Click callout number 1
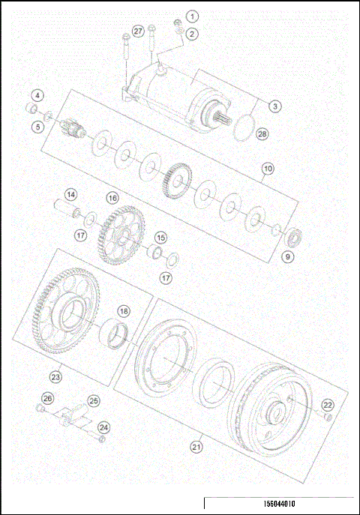pos(193,16)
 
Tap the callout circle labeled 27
pos(137,31)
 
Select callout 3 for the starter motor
pos(275,106)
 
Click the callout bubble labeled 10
pos(266,170)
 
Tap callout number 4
pos(37,95)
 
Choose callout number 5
pos(37,127)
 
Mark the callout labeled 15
pos(160,238)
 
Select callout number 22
pos(327,405)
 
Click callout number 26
pos(47,398)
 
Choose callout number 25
pos(94,401)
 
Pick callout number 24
pos(104,427)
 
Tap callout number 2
pos(193,33)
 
